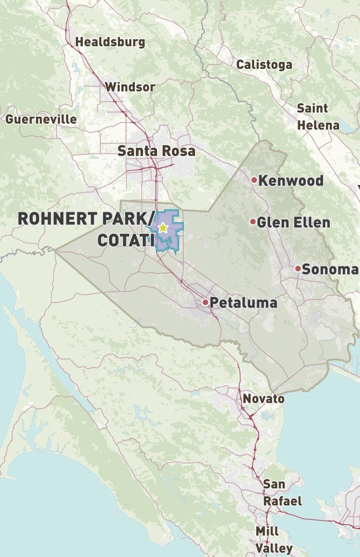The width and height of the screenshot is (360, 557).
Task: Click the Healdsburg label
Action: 110,42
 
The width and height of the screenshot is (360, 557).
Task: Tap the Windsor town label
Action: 130,87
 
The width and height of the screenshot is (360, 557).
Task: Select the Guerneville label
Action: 41,119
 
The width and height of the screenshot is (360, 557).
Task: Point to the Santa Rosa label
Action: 156,151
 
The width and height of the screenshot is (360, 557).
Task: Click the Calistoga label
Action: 264,65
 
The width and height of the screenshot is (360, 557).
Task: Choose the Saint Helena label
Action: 318,117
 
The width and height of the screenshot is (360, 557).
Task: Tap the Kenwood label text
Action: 291,180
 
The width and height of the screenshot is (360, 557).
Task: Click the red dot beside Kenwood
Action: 254,180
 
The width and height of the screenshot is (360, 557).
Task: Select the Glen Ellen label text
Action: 293,222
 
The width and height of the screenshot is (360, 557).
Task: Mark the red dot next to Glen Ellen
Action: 253,222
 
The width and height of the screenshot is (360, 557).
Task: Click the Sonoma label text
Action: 329,269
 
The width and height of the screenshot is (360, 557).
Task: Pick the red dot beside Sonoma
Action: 298,268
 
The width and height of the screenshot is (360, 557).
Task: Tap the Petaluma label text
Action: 243,303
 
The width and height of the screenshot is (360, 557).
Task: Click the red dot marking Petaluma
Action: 205,302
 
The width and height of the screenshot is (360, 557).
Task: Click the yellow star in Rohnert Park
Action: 163,228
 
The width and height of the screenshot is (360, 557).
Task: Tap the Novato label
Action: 263,399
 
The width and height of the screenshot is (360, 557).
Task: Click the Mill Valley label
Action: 274,540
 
